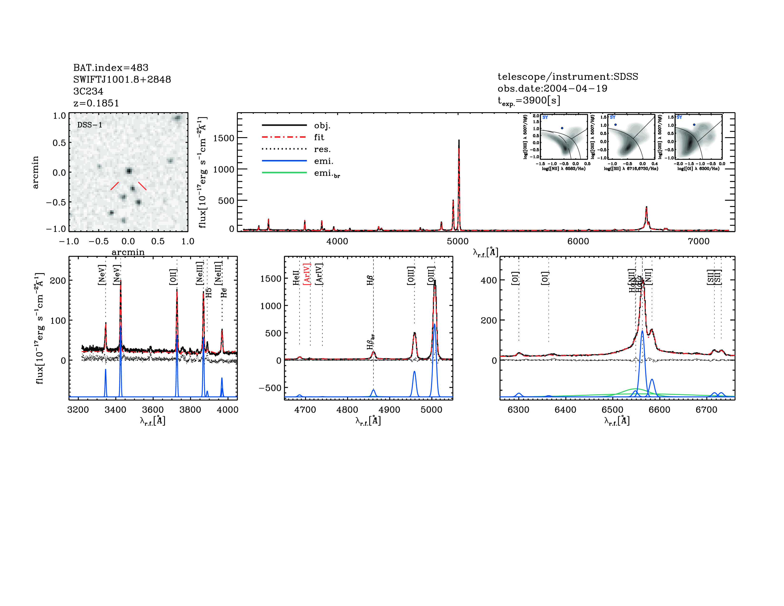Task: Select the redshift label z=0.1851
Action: pos(96,103)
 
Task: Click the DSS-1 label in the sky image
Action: pos(90,125)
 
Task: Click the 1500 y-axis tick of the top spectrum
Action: pos(223,138)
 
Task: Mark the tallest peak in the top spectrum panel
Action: pos(459,141)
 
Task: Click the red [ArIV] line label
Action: pos(307,274)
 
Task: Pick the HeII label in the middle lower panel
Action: pos(296,278)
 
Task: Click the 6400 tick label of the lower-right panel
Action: pos(565,410)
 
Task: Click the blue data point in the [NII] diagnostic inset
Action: pos(562,128)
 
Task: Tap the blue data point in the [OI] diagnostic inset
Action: pos(694,125)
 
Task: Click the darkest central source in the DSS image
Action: pos(129,171)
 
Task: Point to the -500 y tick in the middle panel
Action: pos(270,388)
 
